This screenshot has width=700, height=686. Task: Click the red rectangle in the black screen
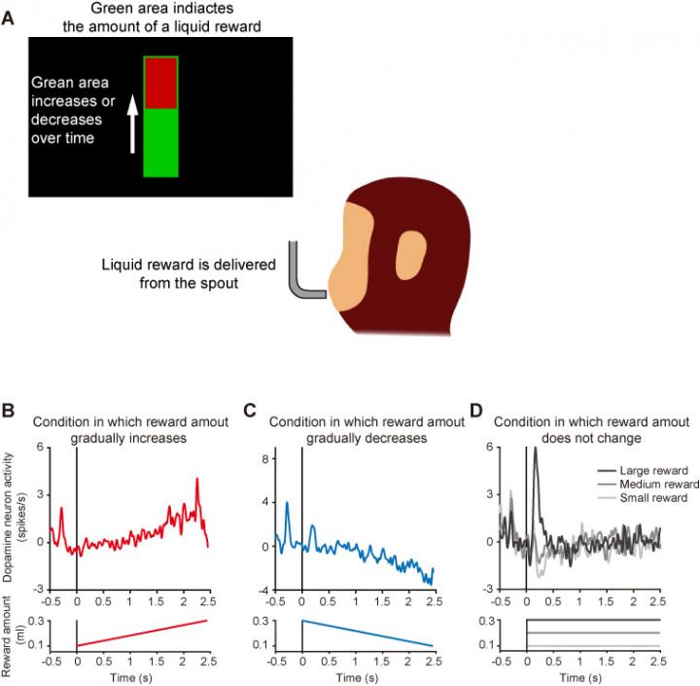click(x=160, y=83)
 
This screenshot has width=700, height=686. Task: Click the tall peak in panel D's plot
click(x=536, y=450)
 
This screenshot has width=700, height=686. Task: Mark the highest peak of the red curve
click(x=197, y=479)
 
